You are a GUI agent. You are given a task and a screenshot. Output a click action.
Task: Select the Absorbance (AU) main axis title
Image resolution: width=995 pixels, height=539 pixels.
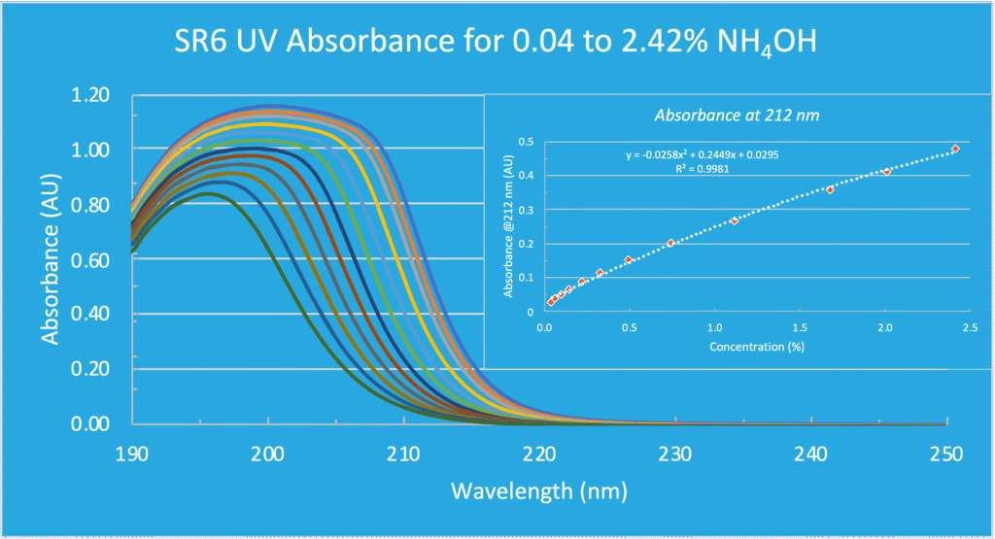point(51,260)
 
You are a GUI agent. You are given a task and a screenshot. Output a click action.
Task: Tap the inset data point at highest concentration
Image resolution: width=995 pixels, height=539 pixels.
point(955,149)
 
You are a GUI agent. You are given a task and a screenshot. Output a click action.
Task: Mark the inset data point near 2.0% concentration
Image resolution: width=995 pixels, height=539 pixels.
point(887,172)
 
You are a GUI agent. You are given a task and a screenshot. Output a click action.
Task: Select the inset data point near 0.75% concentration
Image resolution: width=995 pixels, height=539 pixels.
point(671,243)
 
